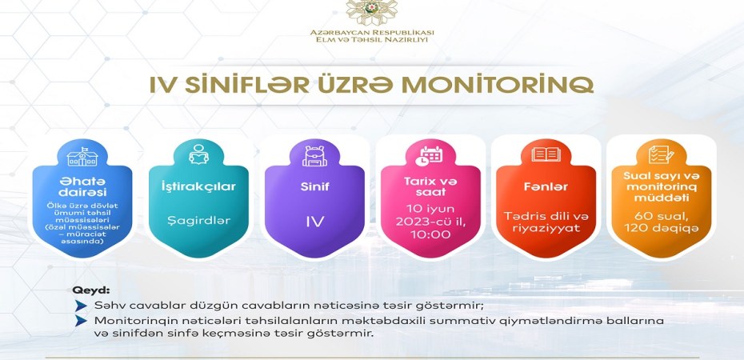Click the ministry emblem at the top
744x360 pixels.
[372, 12]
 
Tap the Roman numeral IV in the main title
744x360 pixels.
[162, 86]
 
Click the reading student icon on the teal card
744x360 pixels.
[198, 154]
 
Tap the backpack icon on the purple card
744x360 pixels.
[314, 155]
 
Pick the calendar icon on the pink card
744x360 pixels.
[430, 155]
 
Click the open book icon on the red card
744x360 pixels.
[546, 154]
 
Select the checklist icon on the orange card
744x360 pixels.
[662, 154]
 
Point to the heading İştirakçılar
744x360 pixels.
[198, 186]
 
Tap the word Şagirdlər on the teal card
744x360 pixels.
[198, 220]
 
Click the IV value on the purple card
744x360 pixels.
[314, 221]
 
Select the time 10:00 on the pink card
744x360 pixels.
[430, 234]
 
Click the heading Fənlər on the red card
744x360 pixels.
[546, 186]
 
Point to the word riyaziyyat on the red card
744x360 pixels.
[546, 229]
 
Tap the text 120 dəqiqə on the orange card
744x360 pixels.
[662, 229]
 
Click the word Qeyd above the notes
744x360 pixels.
[90, 290]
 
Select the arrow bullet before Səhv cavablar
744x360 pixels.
[81, 304]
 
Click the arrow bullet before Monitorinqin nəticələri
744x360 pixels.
[81, 321]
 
